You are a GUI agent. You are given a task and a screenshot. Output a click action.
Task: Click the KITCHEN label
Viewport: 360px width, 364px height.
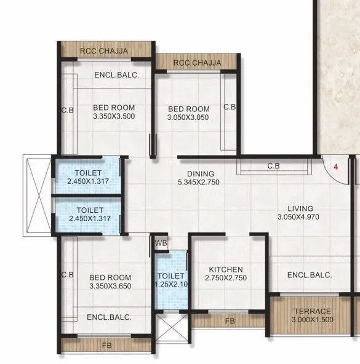coord(225,269)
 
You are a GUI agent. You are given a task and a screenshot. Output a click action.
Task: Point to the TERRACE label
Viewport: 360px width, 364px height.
coord(312,311)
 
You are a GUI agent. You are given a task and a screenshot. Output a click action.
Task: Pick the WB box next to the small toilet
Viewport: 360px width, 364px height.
coord(161,243)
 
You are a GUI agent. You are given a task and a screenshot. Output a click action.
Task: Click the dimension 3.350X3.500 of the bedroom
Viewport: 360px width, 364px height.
coord(114,116)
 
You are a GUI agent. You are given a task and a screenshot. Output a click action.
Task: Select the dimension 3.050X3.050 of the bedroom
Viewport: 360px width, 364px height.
coord(189,118)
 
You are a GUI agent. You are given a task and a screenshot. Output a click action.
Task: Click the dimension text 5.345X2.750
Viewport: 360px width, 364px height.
coord(198,183)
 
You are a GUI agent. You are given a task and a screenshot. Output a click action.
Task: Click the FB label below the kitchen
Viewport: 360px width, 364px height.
coord(230,320)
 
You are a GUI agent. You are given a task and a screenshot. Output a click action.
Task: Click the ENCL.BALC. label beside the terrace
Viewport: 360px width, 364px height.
coord(310,275)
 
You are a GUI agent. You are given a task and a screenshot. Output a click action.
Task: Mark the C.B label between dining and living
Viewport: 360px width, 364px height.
coord(274,166)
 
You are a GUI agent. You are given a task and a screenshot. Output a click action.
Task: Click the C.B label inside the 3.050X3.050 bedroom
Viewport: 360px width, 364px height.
coord(230,107)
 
